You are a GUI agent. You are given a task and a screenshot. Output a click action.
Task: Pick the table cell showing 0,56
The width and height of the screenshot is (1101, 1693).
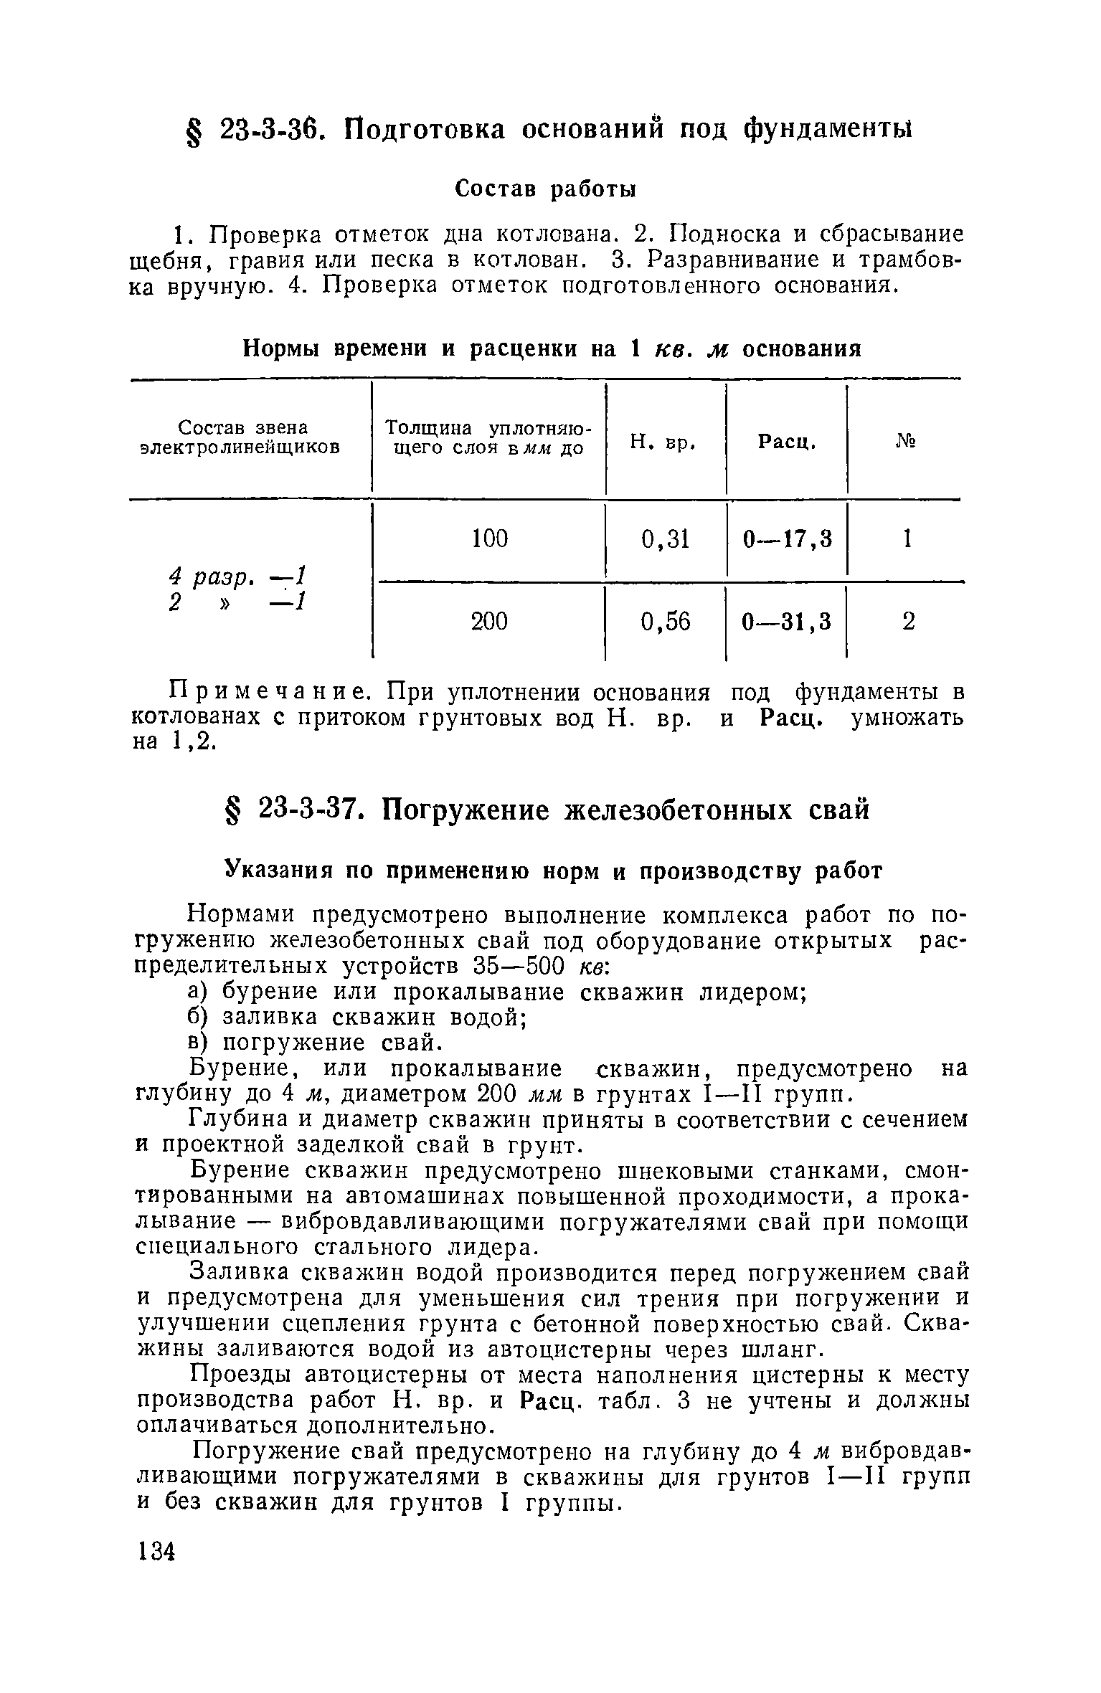[665, 621]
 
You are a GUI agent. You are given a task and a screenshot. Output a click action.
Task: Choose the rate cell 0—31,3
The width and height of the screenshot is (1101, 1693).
[788, 621]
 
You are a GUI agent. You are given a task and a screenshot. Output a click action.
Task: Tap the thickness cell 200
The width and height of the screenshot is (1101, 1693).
[490, 621]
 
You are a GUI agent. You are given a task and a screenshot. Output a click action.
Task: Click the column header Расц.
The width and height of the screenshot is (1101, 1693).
[787, 443]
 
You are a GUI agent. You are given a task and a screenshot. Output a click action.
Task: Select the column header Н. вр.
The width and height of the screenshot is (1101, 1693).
[664, 443]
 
